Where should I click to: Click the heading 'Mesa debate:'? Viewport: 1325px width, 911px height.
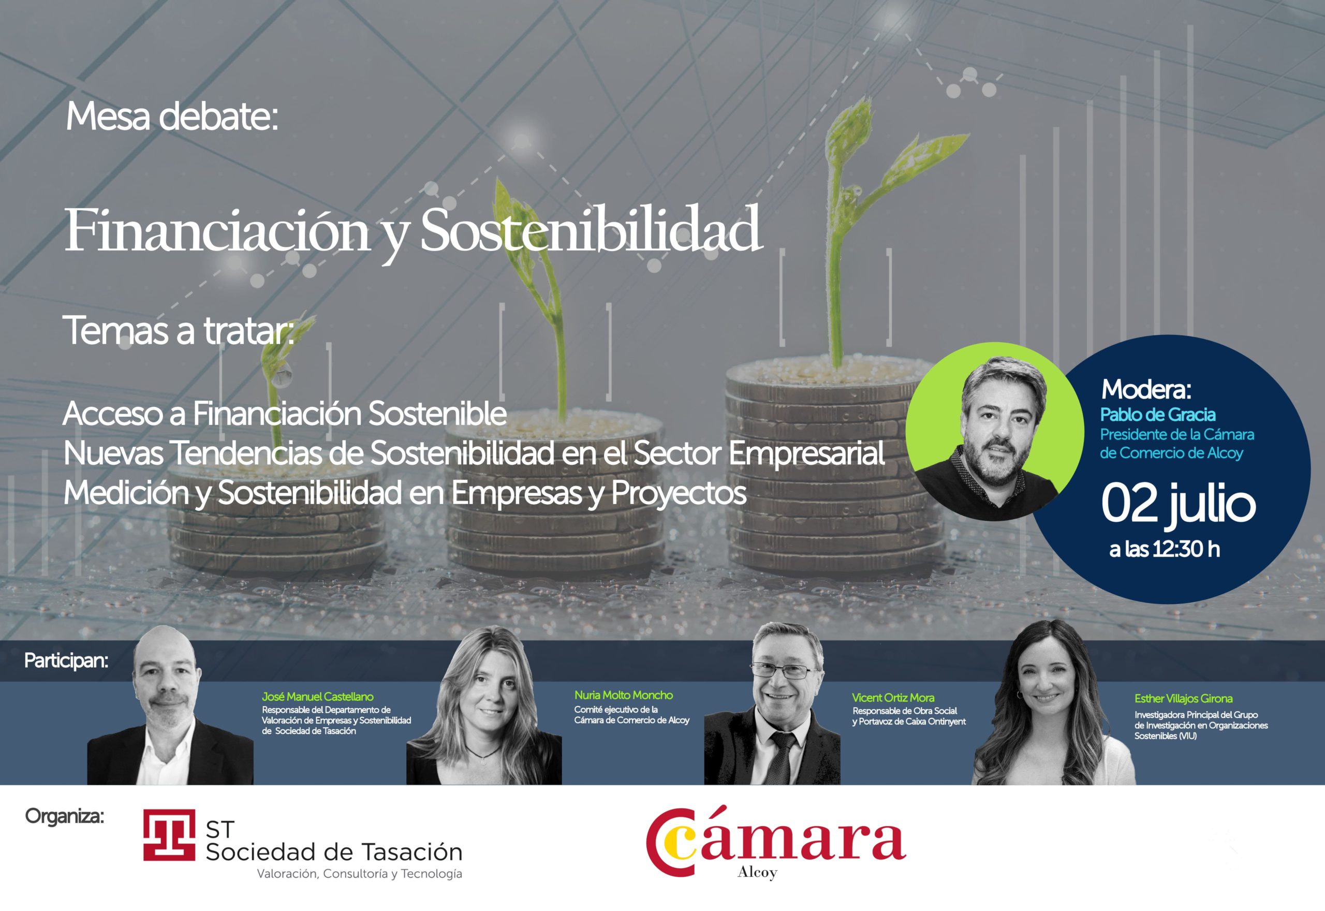coord(172,117)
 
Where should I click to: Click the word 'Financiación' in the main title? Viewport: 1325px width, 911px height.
coord(217,229)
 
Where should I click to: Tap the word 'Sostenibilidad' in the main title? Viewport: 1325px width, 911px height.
coord(591,229)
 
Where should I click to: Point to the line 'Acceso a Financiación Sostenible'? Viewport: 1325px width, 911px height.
coord(285,413)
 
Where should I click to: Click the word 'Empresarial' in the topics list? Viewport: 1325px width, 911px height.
coord(806,454)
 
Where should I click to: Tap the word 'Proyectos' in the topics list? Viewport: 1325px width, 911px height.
coord(679,494)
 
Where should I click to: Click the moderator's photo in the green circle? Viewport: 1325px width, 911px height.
coord(995,432)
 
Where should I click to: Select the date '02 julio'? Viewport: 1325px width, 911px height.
coord(1179,505)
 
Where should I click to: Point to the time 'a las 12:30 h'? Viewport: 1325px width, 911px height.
coord(1165,549)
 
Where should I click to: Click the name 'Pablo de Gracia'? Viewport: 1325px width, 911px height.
coord(1158,415)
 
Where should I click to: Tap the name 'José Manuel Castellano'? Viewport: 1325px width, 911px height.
coord(317,696)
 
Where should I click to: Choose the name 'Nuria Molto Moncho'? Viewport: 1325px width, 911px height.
coord(624,695)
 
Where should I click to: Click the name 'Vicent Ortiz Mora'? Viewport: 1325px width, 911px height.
coord(893,698)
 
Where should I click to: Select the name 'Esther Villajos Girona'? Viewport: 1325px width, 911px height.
coord(1184,698)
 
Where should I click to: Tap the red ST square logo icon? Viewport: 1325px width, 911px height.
coord(169,834)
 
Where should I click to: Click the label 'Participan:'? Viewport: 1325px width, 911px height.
coord(66,661)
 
